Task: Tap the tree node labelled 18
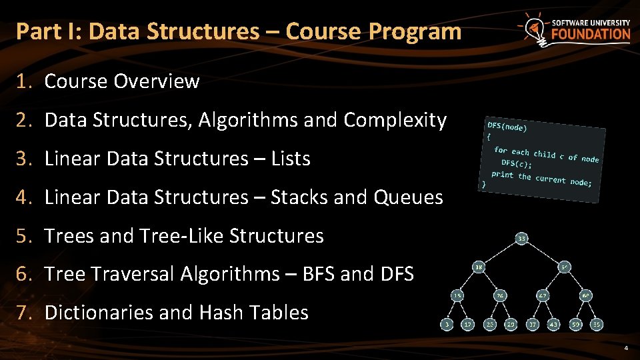point(479,267)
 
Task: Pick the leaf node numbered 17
point(469,324)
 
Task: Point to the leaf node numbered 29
point(511,324)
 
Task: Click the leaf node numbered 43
point(553,324)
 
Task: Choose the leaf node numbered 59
point(575,324)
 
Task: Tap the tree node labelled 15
point(458,295)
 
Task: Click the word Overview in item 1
point(157,81)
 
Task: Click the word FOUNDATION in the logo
point(591,35)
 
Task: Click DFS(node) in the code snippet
point(507,127)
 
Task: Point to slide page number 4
point(626,349)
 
